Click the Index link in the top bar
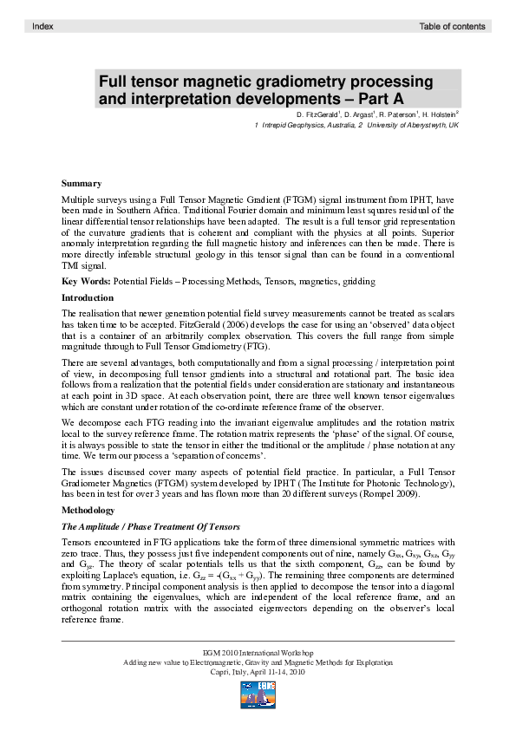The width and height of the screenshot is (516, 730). click(x=42, y=27)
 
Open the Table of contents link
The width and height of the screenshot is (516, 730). click(x=452, y=27)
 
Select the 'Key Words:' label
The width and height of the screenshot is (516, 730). click(x=86, y=282)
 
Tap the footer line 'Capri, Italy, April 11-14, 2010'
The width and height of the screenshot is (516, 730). click(x=258, y=672)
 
